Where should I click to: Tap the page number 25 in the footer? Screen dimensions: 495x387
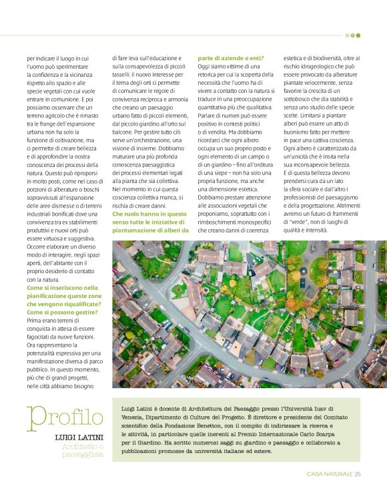(x=357, y=474)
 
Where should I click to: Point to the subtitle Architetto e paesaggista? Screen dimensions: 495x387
(x=83, y=450)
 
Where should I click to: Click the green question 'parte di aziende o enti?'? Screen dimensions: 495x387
(x=231, y=58)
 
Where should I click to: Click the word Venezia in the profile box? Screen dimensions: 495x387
(x=132, y=416)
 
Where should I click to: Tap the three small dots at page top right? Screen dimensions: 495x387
(x=354, y=35)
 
